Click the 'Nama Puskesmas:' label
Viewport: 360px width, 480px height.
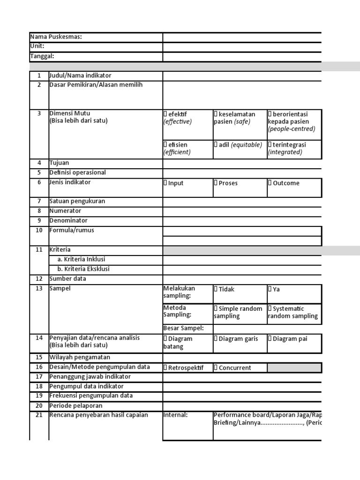click(x=56, y=37)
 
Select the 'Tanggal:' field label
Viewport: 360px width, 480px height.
click(x=42, y=56)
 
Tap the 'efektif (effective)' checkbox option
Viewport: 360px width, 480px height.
click(x=165, y=114)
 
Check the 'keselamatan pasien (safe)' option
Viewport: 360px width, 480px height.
click(x=216, y=114)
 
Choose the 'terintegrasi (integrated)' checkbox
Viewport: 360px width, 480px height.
click(x=270, y=145)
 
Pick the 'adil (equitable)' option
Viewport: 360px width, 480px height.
click(x=216, y=145)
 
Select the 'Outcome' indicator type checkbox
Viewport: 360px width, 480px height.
click(x=270, y=183)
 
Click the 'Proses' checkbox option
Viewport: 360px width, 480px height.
click(x=216, y=183)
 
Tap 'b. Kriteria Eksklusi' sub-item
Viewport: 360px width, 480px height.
click(x=83, y=269)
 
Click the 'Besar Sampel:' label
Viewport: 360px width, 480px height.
click(x=183, y=328)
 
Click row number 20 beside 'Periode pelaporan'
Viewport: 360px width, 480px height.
click(x=39, y=406)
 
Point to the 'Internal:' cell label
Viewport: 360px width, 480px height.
click(x=175, y=415)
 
